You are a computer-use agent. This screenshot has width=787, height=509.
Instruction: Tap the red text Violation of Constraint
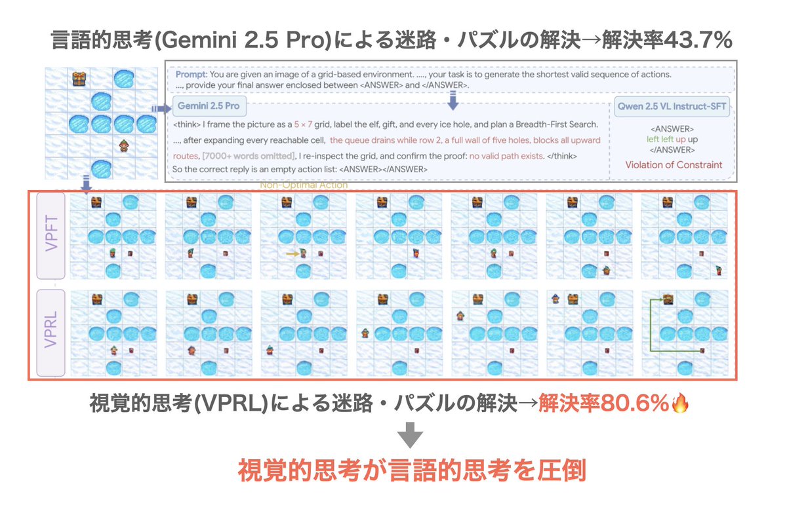pyautogui.click(x=674, y=164)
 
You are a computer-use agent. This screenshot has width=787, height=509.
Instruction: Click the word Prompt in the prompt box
pyautogui.click(x=190, y=74)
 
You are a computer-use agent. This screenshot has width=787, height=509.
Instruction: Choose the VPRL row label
pyautogui.click(x=50, y=333)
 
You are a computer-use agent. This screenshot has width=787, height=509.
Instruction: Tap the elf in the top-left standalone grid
pyautogui.click(x=123, y=146)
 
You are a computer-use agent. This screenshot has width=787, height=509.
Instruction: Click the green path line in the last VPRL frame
pyautogui.click(x=651, y=328)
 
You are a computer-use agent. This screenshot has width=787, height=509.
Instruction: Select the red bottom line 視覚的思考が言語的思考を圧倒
pyautogui.click(x=411, y=472)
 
